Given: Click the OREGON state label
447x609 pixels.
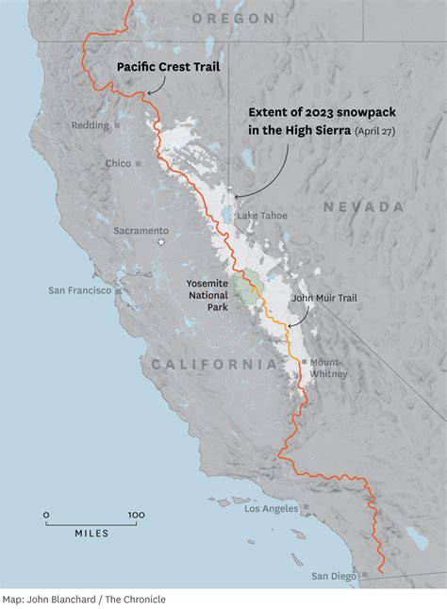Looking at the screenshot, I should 233,18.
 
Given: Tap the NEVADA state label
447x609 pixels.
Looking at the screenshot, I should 363,206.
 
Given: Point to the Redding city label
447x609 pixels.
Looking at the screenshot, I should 90,125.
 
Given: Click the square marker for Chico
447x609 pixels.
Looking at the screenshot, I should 137,163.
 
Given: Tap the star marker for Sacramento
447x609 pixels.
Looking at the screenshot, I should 158,243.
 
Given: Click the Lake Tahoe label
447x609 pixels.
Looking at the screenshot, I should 262,216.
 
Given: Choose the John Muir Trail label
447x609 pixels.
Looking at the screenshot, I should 324,298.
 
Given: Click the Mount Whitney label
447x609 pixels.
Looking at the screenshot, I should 328,368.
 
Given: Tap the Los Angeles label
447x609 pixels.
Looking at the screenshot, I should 272,509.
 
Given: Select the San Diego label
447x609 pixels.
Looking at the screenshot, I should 336,575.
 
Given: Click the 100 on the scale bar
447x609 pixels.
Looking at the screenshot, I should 136,515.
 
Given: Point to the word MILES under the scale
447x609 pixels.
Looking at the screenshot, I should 91,534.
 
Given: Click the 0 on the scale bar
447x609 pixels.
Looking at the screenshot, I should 46,515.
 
